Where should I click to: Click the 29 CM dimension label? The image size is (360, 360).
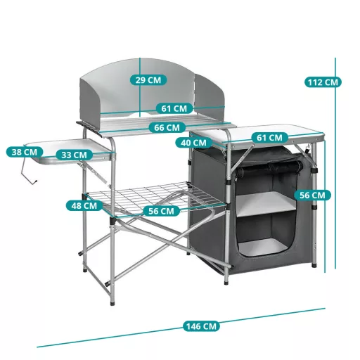148,80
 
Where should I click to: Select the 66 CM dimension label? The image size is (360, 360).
167,128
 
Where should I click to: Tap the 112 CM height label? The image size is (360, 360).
323,82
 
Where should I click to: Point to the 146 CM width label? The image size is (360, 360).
201,326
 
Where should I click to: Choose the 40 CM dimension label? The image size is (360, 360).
194,143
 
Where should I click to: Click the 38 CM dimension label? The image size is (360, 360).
25,152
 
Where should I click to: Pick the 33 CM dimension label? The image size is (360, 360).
75,155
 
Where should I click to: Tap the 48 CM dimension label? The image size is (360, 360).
84,205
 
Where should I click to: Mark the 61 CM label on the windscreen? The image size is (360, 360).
174,108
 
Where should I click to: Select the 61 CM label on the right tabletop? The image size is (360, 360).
269,137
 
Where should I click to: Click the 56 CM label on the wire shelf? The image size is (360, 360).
162,211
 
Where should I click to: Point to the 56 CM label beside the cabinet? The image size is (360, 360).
312,195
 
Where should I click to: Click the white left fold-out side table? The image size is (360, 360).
70,150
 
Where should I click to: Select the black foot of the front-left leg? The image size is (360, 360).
112,303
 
